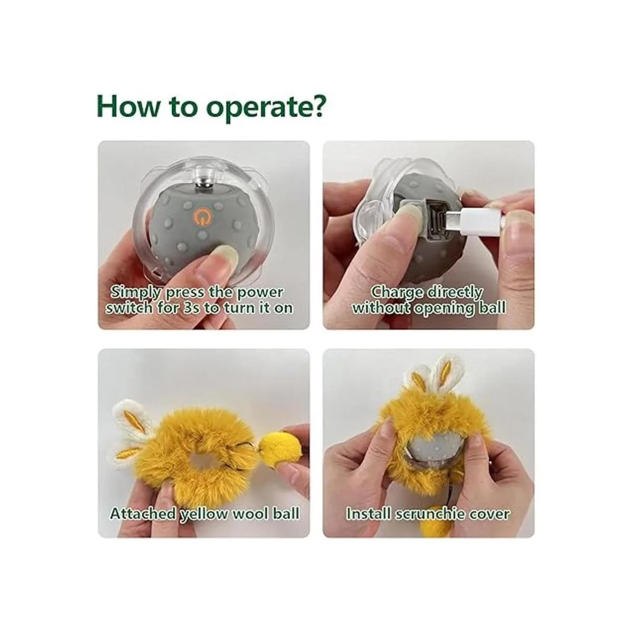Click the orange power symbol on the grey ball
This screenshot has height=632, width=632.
(x=201, y=218)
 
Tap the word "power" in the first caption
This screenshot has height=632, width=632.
(x=260, y=292)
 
